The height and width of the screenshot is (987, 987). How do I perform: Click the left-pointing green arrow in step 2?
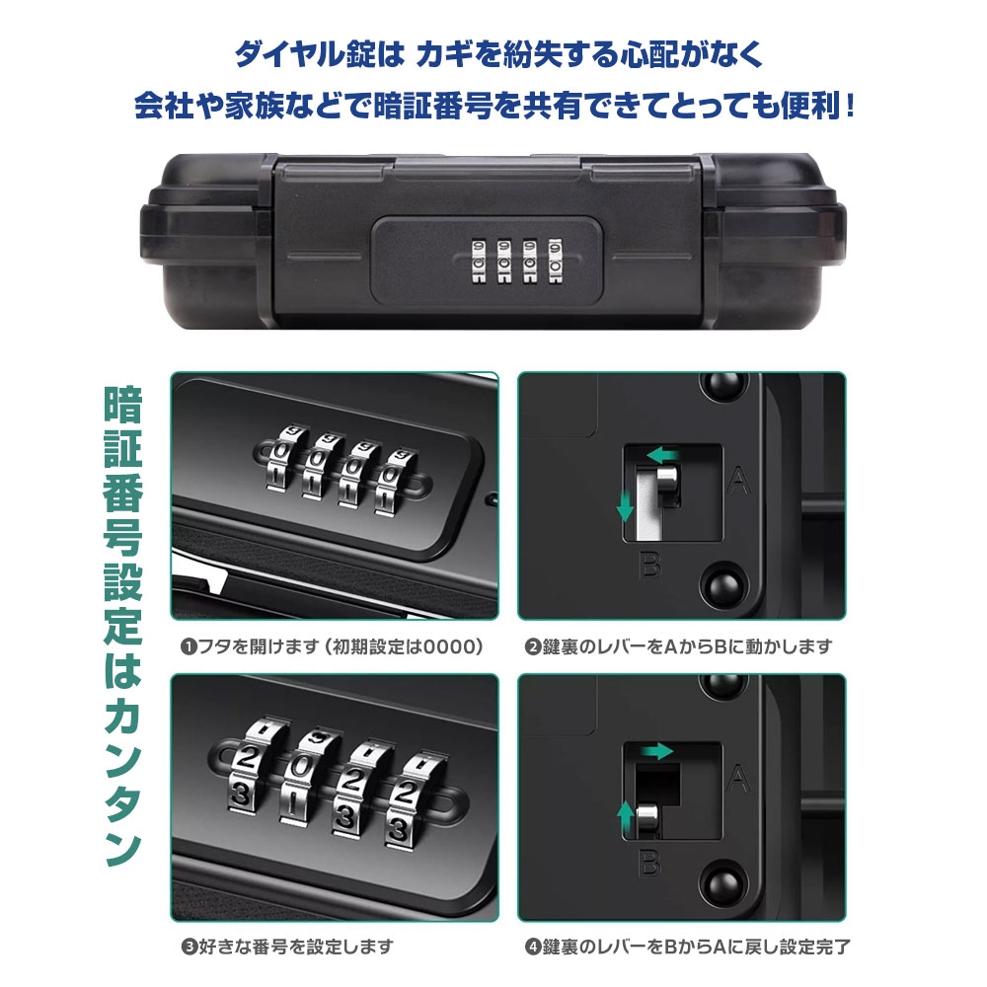(662, 454)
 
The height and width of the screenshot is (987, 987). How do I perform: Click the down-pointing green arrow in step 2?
(625, 505)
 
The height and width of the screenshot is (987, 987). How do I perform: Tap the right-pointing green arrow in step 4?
(657, 751)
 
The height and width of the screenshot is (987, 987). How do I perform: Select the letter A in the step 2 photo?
(738, 482)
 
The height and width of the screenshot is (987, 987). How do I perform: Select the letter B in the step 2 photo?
(650, 565)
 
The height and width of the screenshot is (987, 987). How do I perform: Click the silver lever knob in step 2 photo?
(668, 482)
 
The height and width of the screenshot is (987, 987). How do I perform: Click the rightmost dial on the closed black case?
(555, 260)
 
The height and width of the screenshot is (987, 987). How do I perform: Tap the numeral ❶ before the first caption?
(189, 646)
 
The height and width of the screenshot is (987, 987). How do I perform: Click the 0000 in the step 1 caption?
(447, 646)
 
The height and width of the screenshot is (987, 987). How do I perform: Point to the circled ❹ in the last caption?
(534, 947)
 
